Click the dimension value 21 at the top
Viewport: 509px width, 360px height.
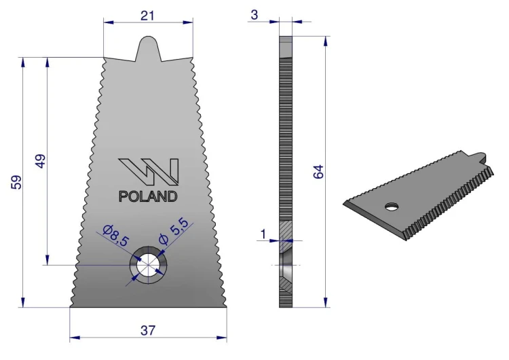(x=147, y=16)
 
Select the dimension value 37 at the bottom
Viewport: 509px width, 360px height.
(x=148, y=330)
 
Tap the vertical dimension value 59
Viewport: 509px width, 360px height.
(x=16, y=182)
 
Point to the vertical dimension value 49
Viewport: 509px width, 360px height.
(x=40, y=161)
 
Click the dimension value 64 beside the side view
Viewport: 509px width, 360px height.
(x=318, y=172)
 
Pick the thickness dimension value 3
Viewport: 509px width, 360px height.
(x=254, y=15)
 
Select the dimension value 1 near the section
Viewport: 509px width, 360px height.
(x=263, y=234)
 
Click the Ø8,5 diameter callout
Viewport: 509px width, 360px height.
(x=115, y=235)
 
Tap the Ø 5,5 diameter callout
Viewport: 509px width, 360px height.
(x=174, y=231)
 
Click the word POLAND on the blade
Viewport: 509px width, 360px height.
(x=148, y=196)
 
